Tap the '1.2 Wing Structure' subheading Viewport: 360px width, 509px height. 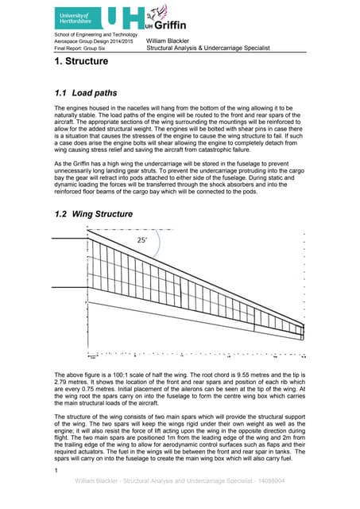[92, 213]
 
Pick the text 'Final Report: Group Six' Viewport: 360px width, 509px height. [79, 48]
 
